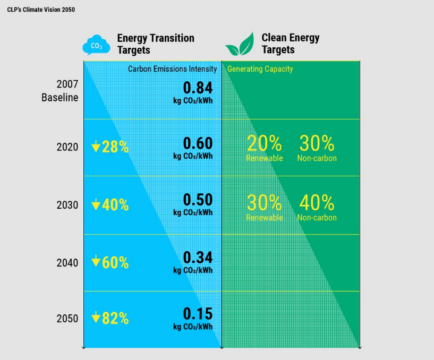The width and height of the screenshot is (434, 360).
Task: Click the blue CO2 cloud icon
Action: coord(96,45)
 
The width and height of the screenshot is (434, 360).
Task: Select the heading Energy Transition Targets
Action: coord(156,44)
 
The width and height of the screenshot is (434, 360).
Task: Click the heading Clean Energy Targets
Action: coord(290,44)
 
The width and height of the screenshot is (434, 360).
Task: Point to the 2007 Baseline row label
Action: coord(60,91)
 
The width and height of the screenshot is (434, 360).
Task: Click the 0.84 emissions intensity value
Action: coord(198,88)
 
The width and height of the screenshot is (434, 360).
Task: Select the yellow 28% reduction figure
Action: coord(110,147)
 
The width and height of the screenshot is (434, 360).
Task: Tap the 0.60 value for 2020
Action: coord(198,143)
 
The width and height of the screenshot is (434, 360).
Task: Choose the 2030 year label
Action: coord(67,205)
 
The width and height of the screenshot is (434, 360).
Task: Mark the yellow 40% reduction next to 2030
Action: coord(110,205)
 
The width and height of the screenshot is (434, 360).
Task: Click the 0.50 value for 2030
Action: coord(198,200)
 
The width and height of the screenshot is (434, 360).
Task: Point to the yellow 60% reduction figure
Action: coord(110,262)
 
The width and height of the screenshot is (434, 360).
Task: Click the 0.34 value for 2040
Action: coord(198,258)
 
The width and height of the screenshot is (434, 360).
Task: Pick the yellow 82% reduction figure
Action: coord(110,319)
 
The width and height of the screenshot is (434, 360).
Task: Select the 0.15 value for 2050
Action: coord(198,313)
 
